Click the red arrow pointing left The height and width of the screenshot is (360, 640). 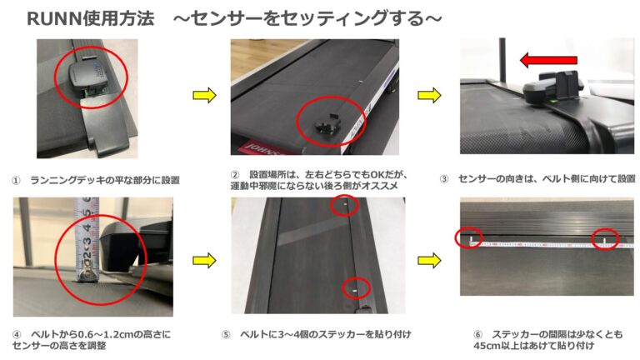(548, 60)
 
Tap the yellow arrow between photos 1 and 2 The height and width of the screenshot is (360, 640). (204, 95)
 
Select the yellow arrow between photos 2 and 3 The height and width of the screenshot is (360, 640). (429, 95)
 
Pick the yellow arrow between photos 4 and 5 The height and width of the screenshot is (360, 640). (204, 260)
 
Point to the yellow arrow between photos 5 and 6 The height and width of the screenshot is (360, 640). (429, 260)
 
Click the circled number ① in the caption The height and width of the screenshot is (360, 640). (16, 180)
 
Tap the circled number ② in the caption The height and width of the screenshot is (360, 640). (235, 175)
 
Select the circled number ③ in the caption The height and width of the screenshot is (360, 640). (444, 179)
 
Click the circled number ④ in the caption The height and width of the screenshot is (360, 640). (17, 335)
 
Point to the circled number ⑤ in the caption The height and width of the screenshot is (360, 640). (226, 335)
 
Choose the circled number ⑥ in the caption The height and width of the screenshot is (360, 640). (478, 335)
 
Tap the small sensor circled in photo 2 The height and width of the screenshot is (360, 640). (327, 123)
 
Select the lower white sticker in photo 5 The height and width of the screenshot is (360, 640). (355, 290)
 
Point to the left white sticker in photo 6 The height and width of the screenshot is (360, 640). (470, 240)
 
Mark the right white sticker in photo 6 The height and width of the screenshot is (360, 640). (604, 242)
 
